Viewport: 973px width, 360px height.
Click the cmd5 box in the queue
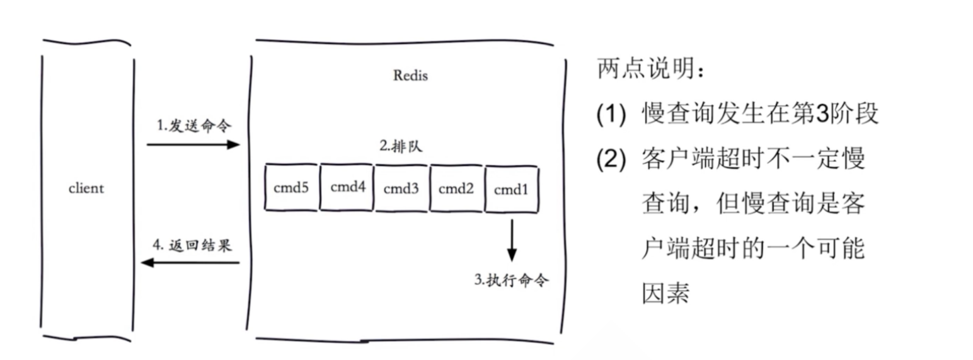pyautogui.click(x=291, y=188)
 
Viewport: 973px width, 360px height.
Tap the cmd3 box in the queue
pyautogui.click(x=402, y=188)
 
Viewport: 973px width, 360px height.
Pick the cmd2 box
pyautogui.click(x=456, y=188)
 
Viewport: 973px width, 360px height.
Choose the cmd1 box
pyautogui.click(x=511, y=188)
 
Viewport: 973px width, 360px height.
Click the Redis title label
pyautogui.click(x=410, y=76)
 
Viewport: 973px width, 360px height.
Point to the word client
pyautogui.click(x=86, y=188)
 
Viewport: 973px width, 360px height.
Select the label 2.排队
pyautogui.click(x=401, y=147)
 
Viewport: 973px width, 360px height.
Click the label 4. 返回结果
pyautogui.click(x=193, y=245)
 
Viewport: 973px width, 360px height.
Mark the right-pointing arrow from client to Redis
pyautogui.click(x=193, y=144)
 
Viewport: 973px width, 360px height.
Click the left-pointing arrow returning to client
pyautogui.click(x=190, y=262)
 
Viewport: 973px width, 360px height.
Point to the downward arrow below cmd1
pyautogui.click(x=512, y=240)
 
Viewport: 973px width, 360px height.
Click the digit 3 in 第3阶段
pyautogui.click(x=822, y=115)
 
